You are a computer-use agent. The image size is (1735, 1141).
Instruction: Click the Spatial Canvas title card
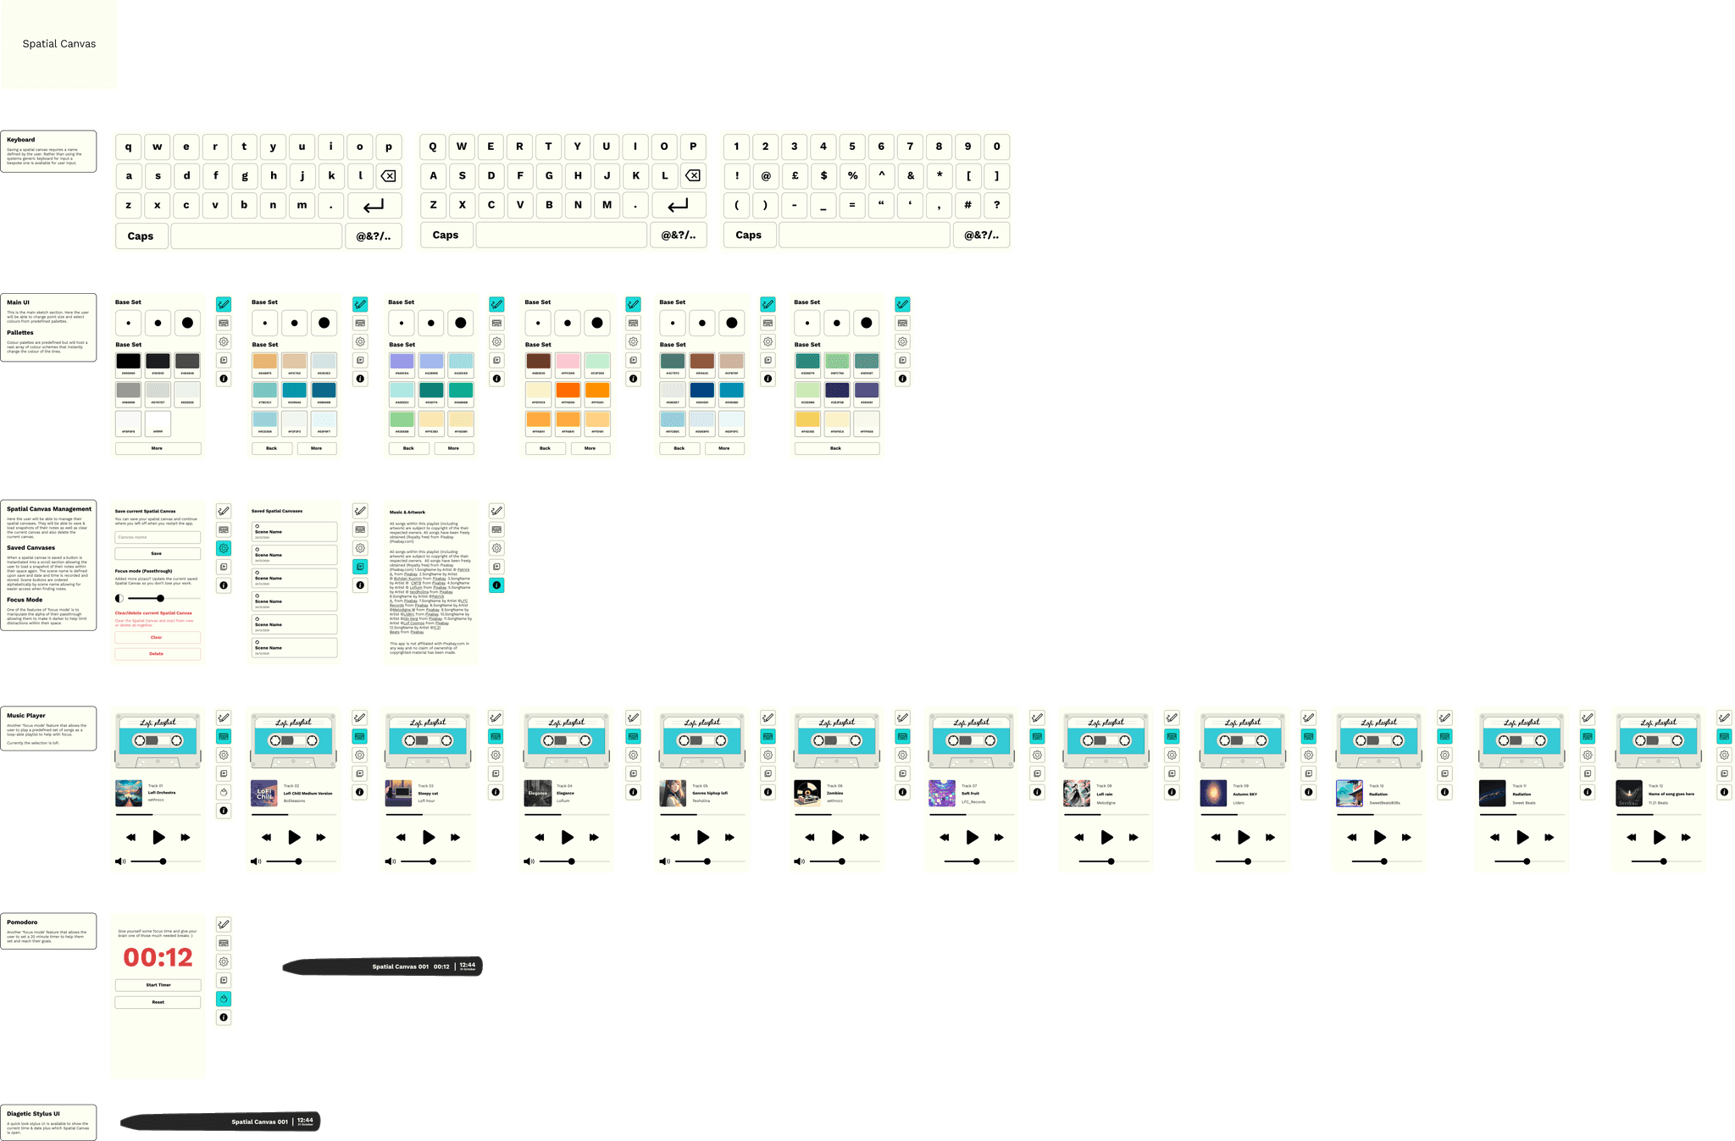[x=59, y=44]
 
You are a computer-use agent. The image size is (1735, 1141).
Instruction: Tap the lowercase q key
[x=129, y=147]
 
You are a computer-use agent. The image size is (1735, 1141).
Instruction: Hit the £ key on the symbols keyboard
[x=794, y=176]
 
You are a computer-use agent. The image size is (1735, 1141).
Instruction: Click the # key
[x=967, y=205]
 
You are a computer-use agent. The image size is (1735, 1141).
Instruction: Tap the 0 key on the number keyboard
[x=996, y=147]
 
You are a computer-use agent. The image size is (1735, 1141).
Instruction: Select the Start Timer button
[x=158, y=985]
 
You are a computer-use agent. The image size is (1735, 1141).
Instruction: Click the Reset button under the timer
[x=158, y=1002]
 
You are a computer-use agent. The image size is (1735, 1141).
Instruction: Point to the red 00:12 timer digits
[x=158, y=957]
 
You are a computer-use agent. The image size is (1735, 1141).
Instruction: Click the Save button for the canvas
[x=157, y=553]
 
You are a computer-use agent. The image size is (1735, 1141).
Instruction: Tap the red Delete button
[x=157, y=654]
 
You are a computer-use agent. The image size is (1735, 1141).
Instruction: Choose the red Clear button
[x=157, y=637]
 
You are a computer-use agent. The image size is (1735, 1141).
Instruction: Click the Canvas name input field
[x=157, y=537]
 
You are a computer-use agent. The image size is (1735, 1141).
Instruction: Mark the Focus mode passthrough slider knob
[x=160, y=598]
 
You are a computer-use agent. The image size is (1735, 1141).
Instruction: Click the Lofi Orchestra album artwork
[x=129, y=793]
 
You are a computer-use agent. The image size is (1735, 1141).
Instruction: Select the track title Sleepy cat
[x=428, y=794]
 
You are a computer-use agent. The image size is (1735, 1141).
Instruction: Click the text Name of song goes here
[x=1671, y=795]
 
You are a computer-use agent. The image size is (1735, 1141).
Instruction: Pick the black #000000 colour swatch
[x=129, y=361]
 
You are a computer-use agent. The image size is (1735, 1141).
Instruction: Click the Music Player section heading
[x=26, y=716]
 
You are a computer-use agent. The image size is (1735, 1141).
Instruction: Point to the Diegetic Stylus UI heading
[x=33, y=1114]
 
